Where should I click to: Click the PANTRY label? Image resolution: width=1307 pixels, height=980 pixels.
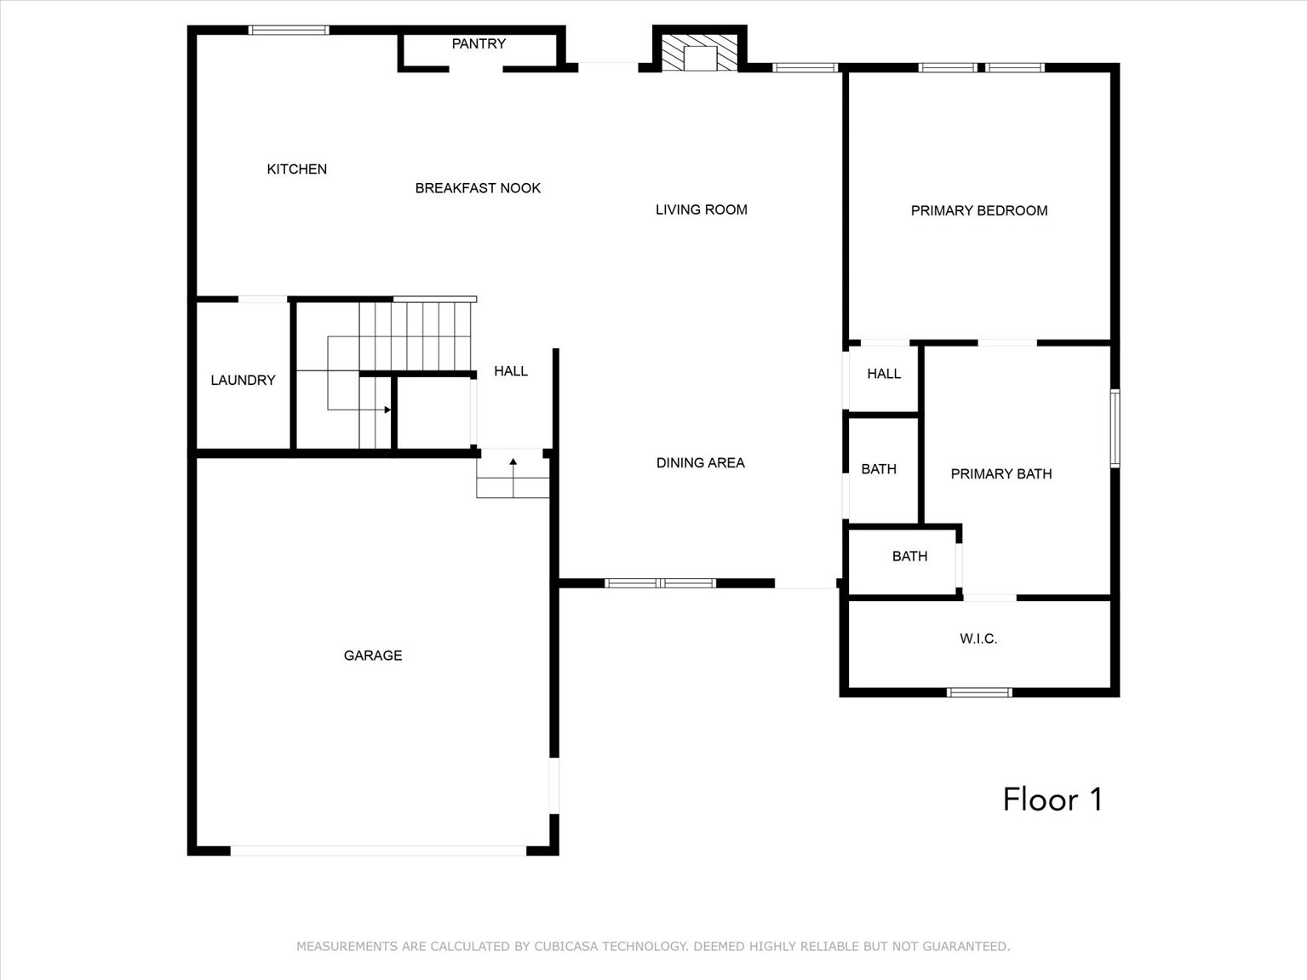[479, 43]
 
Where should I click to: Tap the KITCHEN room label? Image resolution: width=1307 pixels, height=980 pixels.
[296, 169]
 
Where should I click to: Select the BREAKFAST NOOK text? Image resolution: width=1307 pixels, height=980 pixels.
[478, 188]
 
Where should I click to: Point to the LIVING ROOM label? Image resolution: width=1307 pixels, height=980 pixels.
[701, 209]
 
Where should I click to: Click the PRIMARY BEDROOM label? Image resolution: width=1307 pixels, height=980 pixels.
[978, 210]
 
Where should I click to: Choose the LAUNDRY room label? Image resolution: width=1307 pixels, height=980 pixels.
[243, 380]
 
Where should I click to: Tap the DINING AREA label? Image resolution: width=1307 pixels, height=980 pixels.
[700, 463]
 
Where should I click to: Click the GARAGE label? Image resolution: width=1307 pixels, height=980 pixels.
[372, 656]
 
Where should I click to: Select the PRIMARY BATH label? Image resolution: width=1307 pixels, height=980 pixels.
[1000, 474]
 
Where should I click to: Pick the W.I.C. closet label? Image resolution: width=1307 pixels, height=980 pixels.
[977, 639]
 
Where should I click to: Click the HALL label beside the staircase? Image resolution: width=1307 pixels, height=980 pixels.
[510, 371]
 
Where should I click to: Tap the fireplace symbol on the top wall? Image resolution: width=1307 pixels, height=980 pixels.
[700, 53]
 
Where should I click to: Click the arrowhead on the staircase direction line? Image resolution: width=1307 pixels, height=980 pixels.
[387, 410]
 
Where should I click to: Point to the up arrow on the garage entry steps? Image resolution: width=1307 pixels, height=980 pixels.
[513, 462]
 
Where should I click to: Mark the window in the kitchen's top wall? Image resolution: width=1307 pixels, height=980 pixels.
[289, 31]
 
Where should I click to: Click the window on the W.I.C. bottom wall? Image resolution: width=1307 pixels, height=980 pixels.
[979, 692]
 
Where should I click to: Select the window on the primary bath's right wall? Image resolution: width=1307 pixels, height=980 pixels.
[1115, 428]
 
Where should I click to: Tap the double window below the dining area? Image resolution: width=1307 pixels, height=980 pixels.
[660, 583]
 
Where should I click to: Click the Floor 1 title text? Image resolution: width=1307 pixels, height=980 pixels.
[1052, 799]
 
